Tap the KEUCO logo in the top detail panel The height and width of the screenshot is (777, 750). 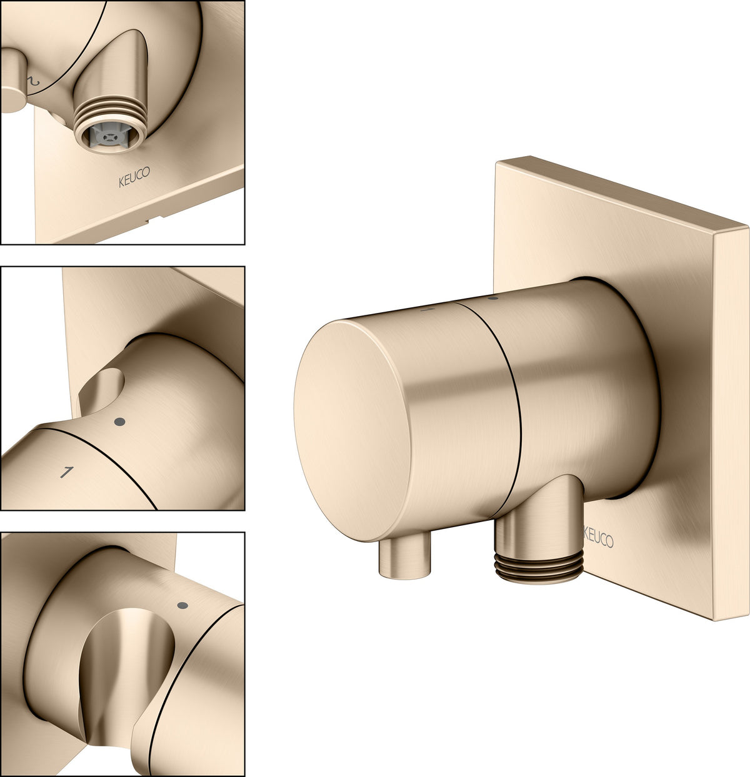click(134, 177)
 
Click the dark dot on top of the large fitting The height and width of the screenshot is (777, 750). click(494, 298)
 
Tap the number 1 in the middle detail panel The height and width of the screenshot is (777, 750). click(66, 472)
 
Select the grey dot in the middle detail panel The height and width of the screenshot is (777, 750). click(119, 422)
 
